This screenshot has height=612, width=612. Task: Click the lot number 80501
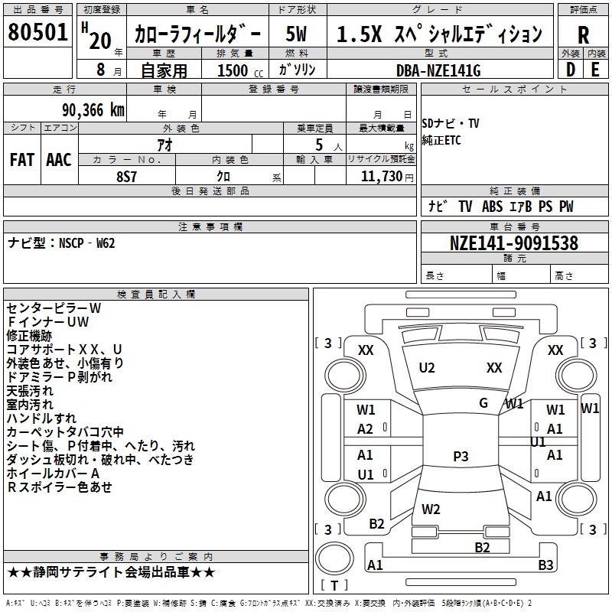[x=37, y=32]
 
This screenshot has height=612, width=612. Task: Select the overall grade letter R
[x=583, y=34]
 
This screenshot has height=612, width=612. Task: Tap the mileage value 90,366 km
[x=93, y=110]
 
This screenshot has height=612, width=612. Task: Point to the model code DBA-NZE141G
[x=438, y=70]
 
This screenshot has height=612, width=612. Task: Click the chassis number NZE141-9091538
[x=514, y=243]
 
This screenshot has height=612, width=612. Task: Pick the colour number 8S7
[x=126, y=177]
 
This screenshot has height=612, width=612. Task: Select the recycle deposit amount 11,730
[x=381, y=176]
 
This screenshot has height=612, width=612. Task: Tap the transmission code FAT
[x=22, y=160]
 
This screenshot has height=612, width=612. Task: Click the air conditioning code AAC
[x=59, y=160]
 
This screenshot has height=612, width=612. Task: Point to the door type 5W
[x=296, y=34]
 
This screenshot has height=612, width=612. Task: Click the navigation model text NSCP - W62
[x=86, y=243]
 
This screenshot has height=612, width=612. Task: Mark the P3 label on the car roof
[x=461, y=456]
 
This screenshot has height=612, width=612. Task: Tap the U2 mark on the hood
[x=427, y=368]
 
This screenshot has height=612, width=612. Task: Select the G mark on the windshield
[x=483, y=402]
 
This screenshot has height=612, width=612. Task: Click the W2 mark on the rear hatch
[x=431, y=509]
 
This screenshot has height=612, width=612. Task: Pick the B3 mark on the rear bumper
[x=545, y=565]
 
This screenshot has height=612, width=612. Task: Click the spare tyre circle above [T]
[x=334, y=558]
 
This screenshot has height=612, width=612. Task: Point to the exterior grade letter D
[x=571, y=70]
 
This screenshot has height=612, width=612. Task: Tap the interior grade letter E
[x=595, y=70]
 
